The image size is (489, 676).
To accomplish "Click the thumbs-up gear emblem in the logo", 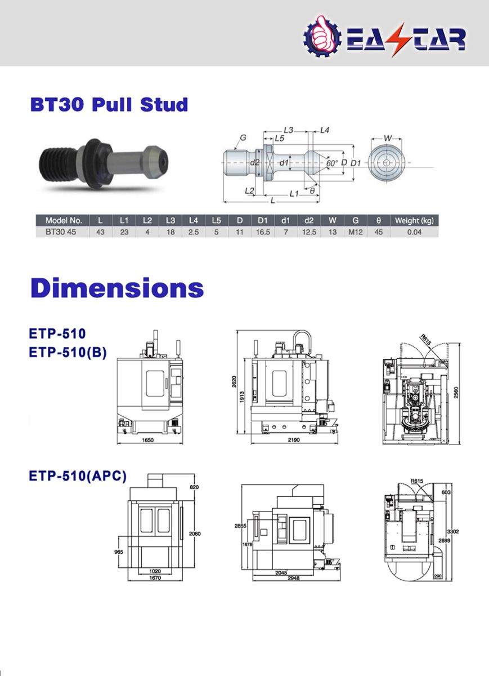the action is pyautogui.click(x=322, y=37).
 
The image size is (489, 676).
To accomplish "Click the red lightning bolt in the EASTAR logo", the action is pyautogui.click(x=401, y=39).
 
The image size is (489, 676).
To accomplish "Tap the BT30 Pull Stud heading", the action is pyautogui.click(x=109, y=104).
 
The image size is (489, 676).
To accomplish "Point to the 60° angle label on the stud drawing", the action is pyautogui.click(x=332, y=163).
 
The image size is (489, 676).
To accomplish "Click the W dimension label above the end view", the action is pyautogui.click(x=387, y=139).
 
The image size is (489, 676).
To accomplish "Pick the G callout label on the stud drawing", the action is pyautogui.click(x=243, y=137).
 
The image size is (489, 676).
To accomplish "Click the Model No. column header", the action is pyautogui.click(x=64, y=220).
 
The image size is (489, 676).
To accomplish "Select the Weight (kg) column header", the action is pyautogui.click(x=414, y=221).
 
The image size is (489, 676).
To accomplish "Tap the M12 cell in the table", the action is pyautogui.click(x=356, y=232).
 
